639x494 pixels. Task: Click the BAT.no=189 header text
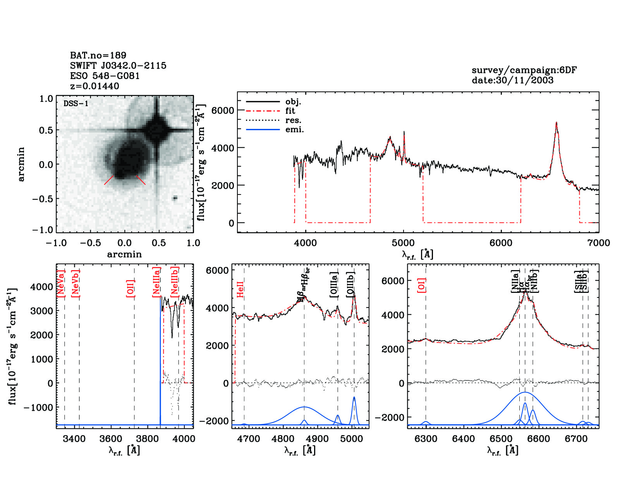click(x=98, y=55)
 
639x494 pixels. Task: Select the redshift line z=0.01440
click(x=94, y=86)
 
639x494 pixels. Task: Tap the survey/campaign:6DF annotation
click(x=524, y=70)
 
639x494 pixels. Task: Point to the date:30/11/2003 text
click(x=512, y=80)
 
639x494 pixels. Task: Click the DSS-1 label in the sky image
click(x=76, y=103)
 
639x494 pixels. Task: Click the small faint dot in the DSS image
click(x=175, y=198)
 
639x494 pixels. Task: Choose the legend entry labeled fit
click(x=290, y=111)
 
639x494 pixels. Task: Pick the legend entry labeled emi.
click(x=294, y=130)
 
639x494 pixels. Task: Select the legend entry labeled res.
click(x=293, y=120)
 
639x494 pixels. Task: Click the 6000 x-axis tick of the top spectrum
click(x=501, y=243)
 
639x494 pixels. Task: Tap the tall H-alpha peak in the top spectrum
click(x=557, y=123)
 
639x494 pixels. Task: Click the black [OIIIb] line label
click(x=350, y=285)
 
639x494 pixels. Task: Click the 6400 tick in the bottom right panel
click(x=464, y=439)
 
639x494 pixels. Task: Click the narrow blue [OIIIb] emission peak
click(x=354, y=398)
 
